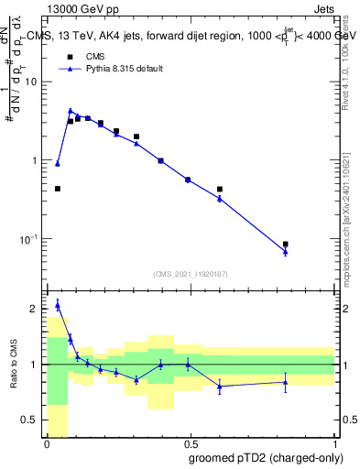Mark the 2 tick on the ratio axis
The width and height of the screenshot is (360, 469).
click(35, 310)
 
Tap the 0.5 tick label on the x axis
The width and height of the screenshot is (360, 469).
click(190, 443)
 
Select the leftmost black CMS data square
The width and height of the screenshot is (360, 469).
click(58, 189)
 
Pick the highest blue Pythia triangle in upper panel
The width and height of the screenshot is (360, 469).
click(71, 110)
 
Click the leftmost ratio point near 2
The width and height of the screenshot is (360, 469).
click(58, 305)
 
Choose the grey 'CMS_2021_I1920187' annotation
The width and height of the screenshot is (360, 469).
click(190, 273)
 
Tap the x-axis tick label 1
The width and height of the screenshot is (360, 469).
click(333, 443)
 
